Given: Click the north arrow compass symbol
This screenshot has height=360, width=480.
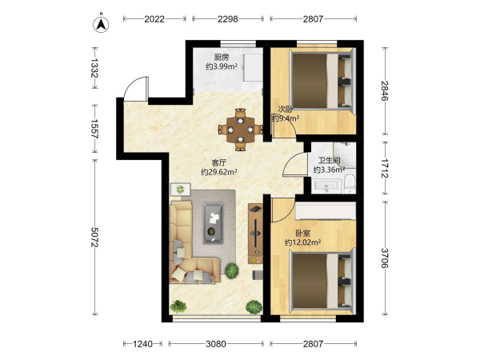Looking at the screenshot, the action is tap(101, 24).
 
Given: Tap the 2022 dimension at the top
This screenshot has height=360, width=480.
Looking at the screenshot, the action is tap(154, 19).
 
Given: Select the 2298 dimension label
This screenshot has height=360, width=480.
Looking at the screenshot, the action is tap(228, 19).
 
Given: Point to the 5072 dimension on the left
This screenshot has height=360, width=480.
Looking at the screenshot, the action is tap(95, 238).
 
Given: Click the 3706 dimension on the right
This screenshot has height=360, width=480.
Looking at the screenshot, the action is tap(385, 258).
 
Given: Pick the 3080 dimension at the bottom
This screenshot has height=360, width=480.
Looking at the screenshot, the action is tap(216, 344).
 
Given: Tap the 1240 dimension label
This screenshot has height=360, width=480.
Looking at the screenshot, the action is tap(142, 344).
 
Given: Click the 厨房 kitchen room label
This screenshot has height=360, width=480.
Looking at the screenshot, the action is tap(222, 58).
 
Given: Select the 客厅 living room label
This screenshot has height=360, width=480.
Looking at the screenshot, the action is tap(219, 162).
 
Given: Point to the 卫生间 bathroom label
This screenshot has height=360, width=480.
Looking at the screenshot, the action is tap(329, 161).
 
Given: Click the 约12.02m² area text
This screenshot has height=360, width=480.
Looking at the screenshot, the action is tap(302, 242).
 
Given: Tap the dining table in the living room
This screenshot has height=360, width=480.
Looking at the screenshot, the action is tap(241, 130).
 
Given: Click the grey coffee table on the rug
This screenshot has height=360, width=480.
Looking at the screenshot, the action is tap(214, 223).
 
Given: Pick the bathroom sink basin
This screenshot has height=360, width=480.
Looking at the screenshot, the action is tap(326, 186).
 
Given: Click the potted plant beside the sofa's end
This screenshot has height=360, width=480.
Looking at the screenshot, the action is tap(232, 270).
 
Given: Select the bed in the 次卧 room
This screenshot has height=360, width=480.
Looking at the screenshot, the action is tap(321, 81).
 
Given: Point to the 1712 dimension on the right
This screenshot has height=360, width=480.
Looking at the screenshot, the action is tap(385, 168).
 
